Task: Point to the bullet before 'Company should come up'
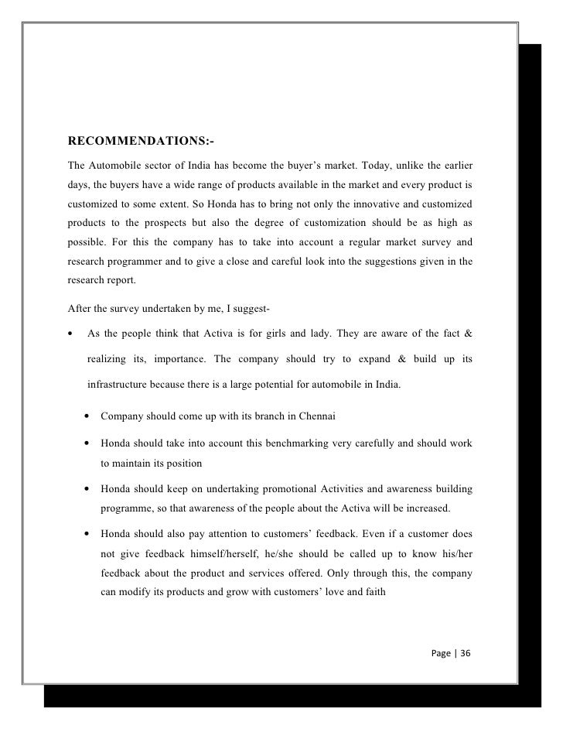pyautogui.click(x=87, y=416)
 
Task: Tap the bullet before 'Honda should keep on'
pyautogui.click(x=87, y=492)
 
